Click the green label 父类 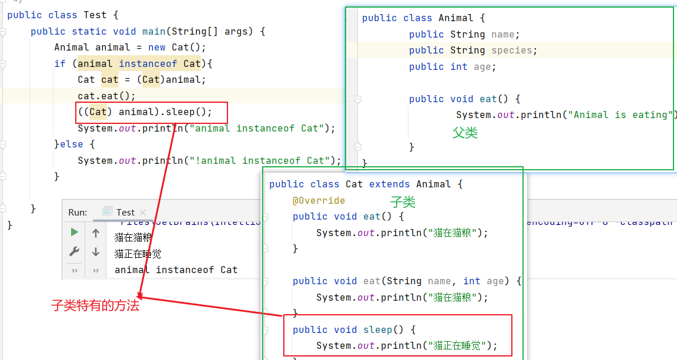click(x=465, y=133)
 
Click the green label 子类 click(x=403, y=203)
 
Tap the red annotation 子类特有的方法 click(x=95, y=305)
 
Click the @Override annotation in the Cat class click(x=319, y=200)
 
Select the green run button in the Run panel click(x=74, y=233)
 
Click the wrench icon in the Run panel click(x=74, y=251)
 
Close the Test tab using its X click(x=143, y=213)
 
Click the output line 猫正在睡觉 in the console click(x=138, y=254)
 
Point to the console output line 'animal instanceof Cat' click(x=176, y=270)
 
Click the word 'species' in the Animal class click(x=511, y=51)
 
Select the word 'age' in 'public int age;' click(x=482, y=67)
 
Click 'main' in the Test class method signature click(x=153, y=32)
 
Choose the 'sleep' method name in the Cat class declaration click(x=377, y=329)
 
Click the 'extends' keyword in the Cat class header click(x=389, y=184)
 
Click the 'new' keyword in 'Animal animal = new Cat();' click(x=156, y=48)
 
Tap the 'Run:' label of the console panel click(x=78, y=213)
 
